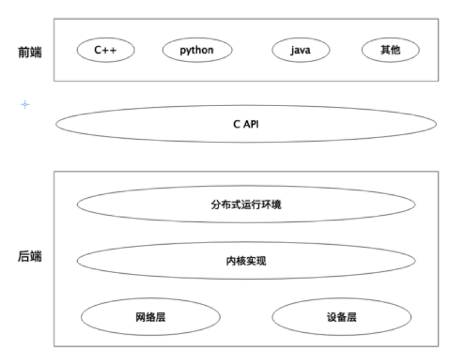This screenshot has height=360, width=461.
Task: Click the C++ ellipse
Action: click(104, 50)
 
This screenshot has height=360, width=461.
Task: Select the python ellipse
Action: click(197, 50)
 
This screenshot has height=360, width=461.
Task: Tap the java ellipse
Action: click(300, 50)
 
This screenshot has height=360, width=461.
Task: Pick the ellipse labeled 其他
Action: click(390, 50)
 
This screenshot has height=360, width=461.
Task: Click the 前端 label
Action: click(30, 51)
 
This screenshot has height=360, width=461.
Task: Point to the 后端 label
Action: click(30, 256)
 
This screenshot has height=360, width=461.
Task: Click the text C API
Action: click(246, 124)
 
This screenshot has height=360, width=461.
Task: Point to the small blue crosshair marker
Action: click(25, 105)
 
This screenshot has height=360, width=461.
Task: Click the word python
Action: click(197, 50)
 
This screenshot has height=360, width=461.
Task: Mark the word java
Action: click(300, 50)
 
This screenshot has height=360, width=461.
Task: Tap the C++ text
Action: click(104, 50)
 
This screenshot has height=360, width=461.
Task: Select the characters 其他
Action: click(390, 50)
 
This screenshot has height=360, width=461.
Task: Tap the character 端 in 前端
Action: click(36, 51)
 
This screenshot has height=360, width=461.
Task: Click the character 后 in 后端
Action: click(24, 256)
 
